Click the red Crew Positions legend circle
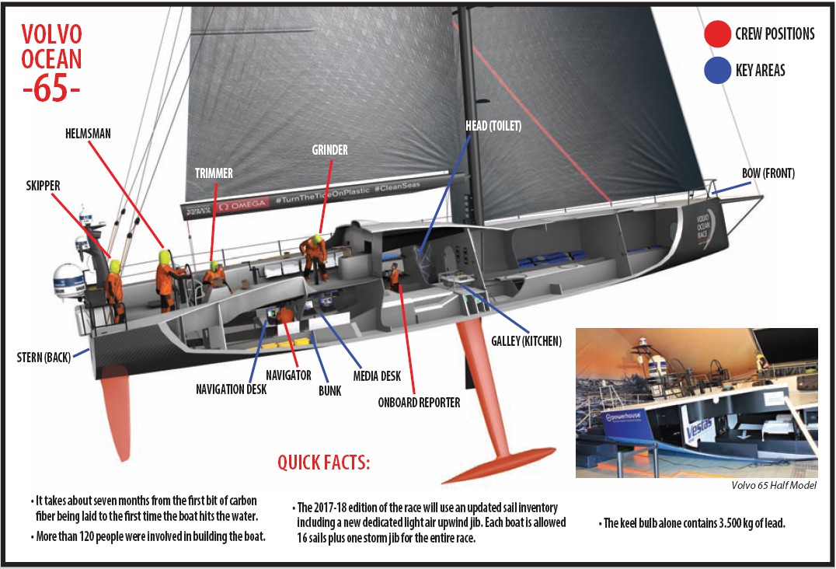716,34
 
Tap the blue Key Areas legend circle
716,71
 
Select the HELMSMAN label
87,134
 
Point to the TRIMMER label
213,173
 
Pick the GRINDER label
329,149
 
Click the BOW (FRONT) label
768,173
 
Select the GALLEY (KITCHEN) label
526,340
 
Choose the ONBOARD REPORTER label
419,402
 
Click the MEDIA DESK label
377,376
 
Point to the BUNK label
329,391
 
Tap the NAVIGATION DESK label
231,389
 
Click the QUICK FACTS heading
324,463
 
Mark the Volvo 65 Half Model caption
774,486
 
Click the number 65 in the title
51,88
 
